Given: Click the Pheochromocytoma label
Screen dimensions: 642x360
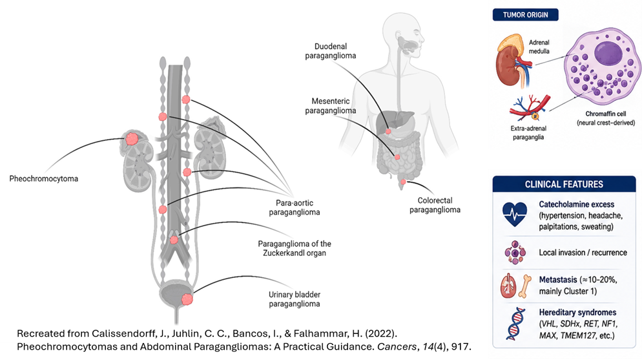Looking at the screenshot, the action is [x=44, y=178].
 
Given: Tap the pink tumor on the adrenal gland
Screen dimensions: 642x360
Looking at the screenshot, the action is [x=131, y=139].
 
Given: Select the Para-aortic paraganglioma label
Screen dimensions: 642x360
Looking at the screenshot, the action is [x=295, y=207].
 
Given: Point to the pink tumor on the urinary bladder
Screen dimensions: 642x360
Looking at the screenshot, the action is [x=187, y=299].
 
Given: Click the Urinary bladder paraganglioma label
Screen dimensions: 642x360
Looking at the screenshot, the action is [x=295, y=299].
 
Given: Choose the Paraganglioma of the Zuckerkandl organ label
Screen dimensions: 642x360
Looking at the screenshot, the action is [x=295, y=248].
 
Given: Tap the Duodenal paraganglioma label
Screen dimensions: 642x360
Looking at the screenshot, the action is [x=331, y=51].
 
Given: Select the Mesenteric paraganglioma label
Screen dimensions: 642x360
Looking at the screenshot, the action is [x=331, y=105].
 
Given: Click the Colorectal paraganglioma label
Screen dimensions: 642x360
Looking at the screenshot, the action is [x=435, y=205].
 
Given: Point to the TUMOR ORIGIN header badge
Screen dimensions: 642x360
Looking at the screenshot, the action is [x=525, y=15].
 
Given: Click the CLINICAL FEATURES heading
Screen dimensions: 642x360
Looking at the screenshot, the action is [x=564, y=184].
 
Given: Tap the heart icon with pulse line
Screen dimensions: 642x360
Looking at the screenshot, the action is [x=515, y=214].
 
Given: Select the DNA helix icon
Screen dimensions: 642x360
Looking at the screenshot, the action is [x=515, y=324].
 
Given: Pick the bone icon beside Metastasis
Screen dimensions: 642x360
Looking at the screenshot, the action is [x=525, y=286].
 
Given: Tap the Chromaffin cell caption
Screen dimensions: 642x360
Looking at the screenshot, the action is [x=606, y=118].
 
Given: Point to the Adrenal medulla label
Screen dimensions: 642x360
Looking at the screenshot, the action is [x=539, y=47].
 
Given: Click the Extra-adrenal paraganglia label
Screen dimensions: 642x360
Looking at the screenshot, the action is [x=528, y=132].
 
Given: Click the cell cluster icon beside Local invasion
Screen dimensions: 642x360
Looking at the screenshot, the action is [x=515, y=253].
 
